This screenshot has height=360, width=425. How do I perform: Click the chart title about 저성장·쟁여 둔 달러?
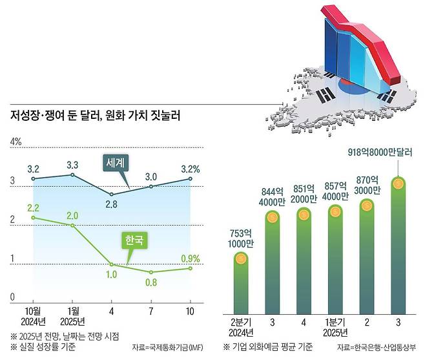[94, 117]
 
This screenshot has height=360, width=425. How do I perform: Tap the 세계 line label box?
[117, 163]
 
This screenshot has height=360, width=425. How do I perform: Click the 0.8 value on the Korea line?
[150, 282]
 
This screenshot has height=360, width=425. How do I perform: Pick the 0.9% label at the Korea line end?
[190, 259]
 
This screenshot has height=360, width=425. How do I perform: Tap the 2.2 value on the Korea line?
[34, 207]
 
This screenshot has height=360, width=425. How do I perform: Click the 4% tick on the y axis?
[16, 141]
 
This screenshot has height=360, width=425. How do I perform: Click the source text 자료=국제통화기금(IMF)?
[165, 347]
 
